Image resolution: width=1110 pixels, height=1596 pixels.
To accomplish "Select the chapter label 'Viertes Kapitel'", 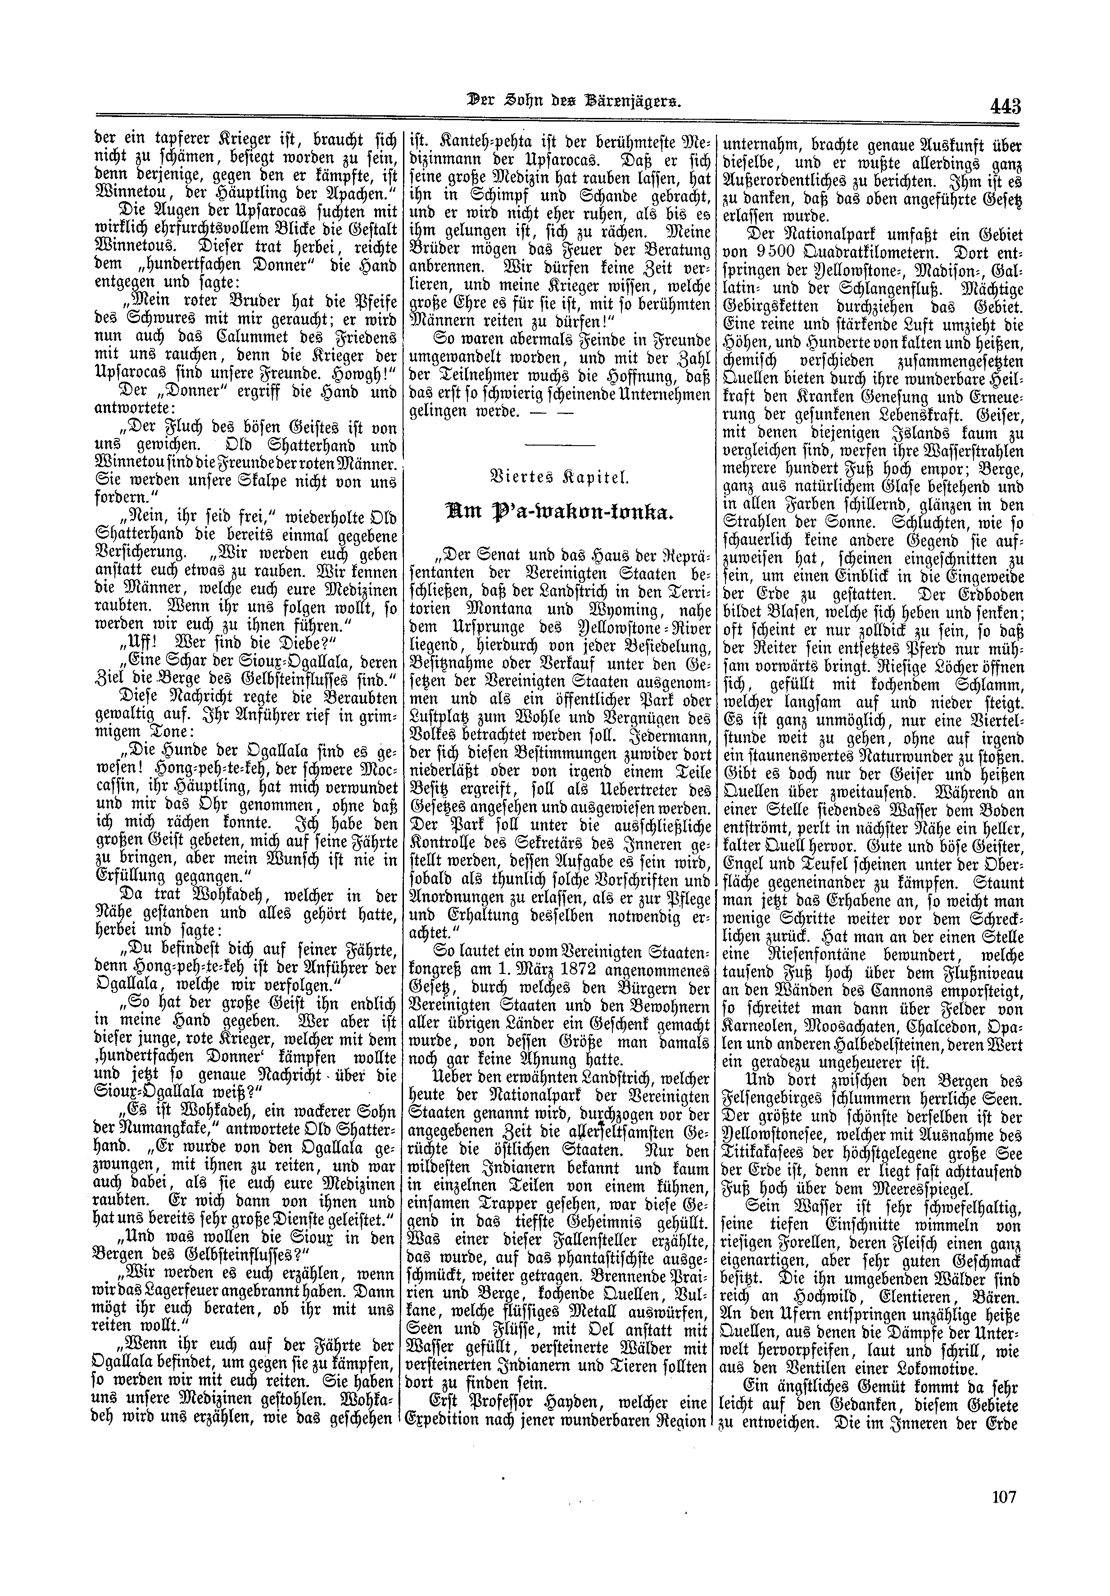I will [560, 479].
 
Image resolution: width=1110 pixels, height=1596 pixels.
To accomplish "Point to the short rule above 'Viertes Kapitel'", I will [560, 445].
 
